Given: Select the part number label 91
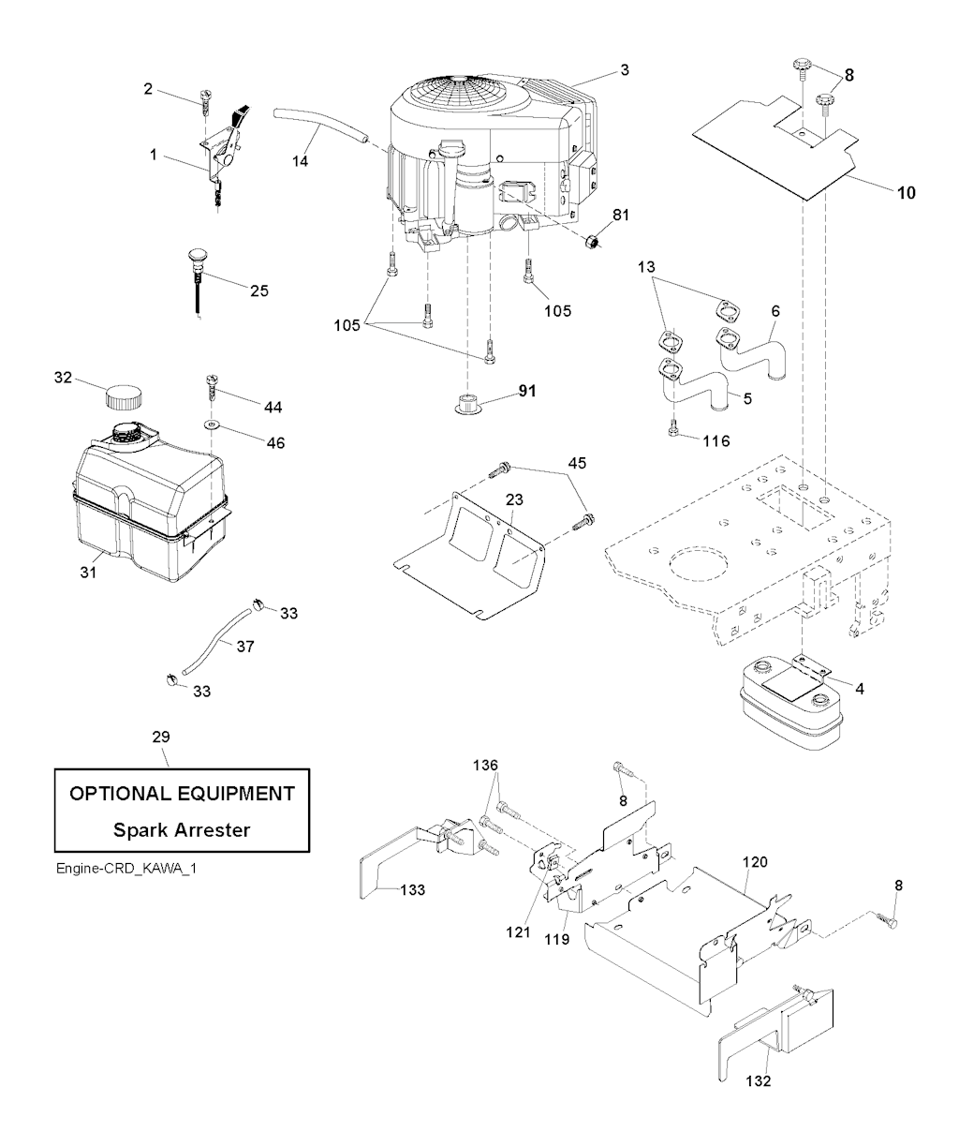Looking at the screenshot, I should [527, 391].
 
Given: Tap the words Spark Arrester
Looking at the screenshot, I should [182, 830].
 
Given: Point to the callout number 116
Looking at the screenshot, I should [715, 439].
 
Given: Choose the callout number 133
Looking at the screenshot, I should [411, 889].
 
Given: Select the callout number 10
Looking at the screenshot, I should [906, 194].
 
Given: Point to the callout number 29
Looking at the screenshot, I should [161, 737].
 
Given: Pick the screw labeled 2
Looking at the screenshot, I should [207, 96].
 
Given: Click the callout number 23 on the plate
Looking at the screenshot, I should [516, 500].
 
